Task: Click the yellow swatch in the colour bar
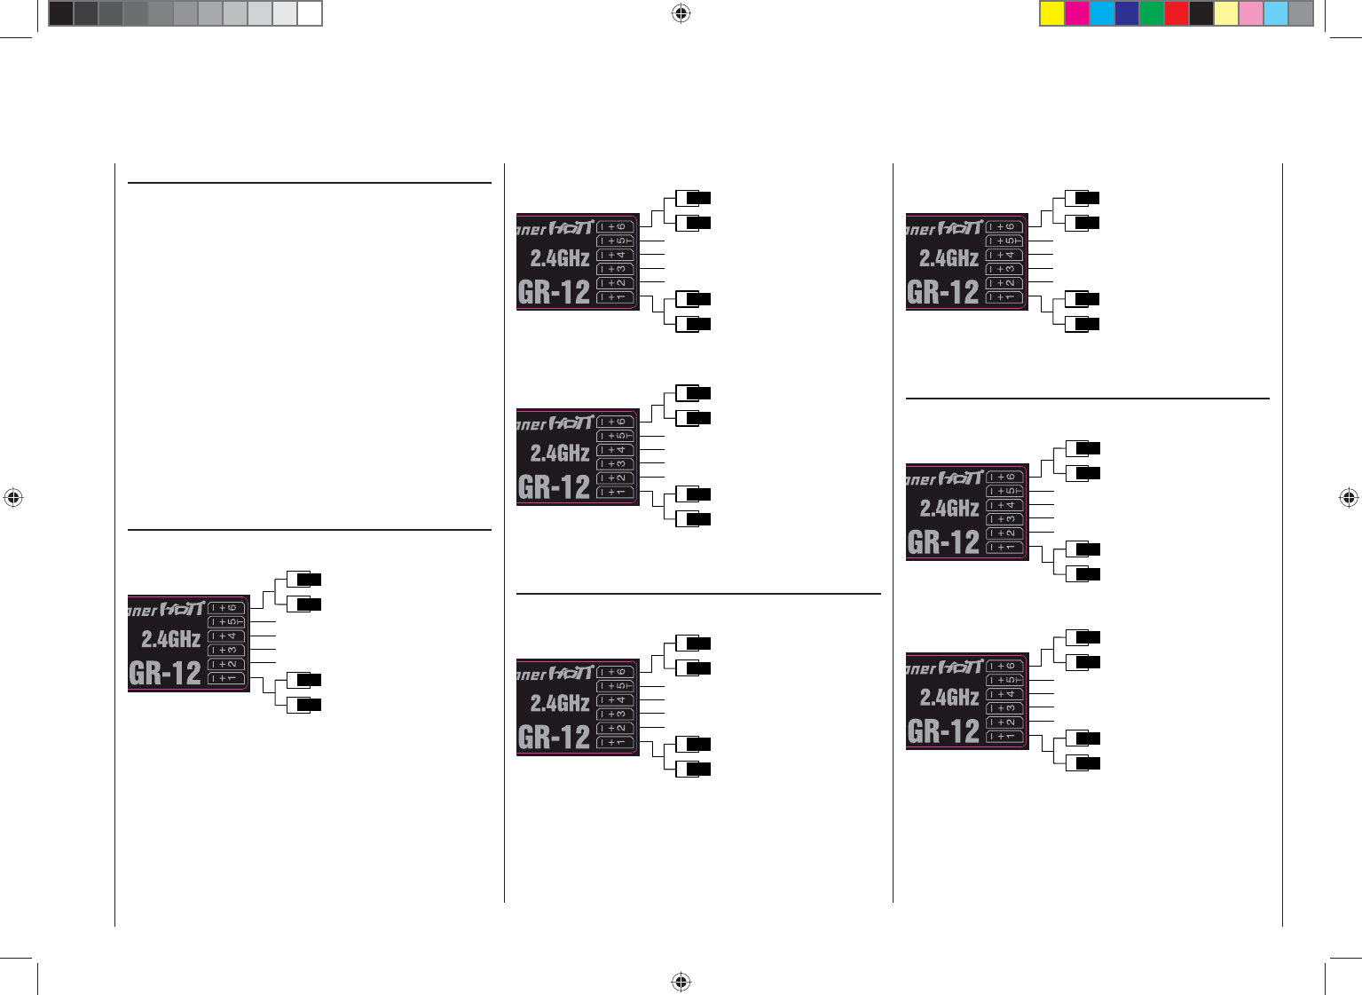tap(1052, 13)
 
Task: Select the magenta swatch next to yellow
tap(1077, 13)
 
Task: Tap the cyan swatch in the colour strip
tap(1102, 13)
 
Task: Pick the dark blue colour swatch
tap(1127, 13)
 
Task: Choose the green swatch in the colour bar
tap(1152, 13)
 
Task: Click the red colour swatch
tap(1177, 13)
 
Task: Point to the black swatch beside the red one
tap(1201, 13)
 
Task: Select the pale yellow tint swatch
tap(1226, 13)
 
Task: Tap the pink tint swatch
tap(1251, 13)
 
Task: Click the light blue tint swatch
tap(1276, 13)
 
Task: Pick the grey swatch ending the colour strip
tap(1301, 13)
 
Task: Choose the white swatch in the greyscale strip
tap(310, 13)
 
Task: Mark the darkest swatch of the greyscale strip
tap(61, 13)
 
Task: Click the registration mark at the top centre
tap(681, 13)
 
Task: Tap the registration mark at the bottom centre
tap(681, 981)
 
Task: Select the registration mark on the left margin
tap(12, 498)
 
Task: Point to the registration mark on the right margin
tap(1349, 498)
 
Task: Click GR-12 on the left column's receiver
tap(165, 673)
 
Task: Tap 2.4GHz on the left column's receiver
tap(170, 638)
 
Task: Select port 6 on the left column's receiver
tap(226, 608)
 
